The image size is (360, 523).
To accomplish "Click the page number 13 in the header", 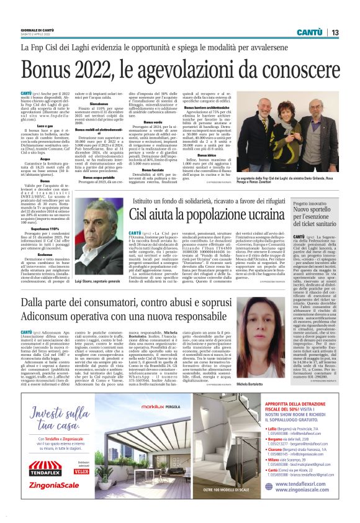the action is click(335, 32).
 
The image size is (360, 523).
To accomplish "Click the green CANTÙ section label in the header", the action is click(309, 32).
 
